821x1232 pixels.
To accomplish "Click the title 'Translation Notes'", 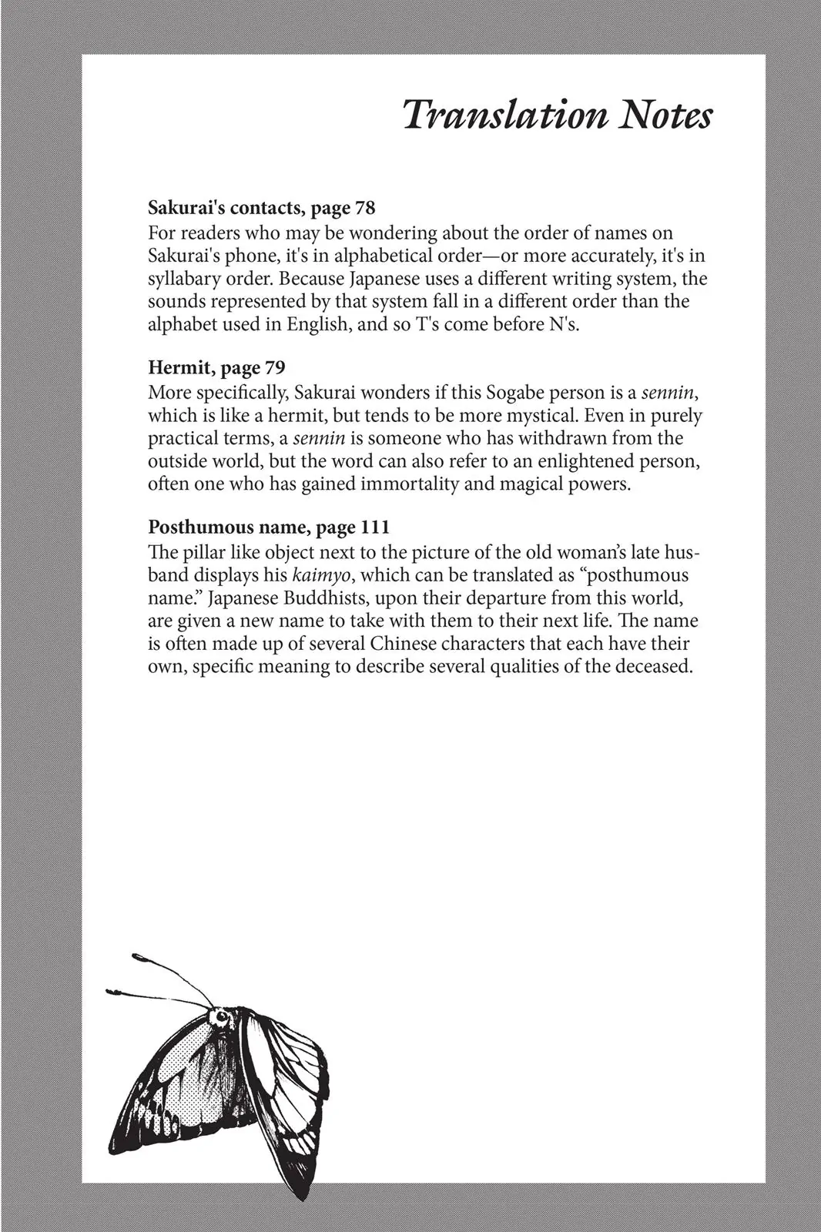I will (558, 115).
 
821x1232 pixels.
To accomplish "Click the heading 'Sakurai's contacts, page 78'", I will (261, 208).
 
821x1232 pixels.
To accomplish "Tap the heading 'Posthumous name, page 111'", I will (269, 527).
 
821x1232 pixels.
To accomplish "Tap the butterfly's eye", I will (222, 1018).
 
